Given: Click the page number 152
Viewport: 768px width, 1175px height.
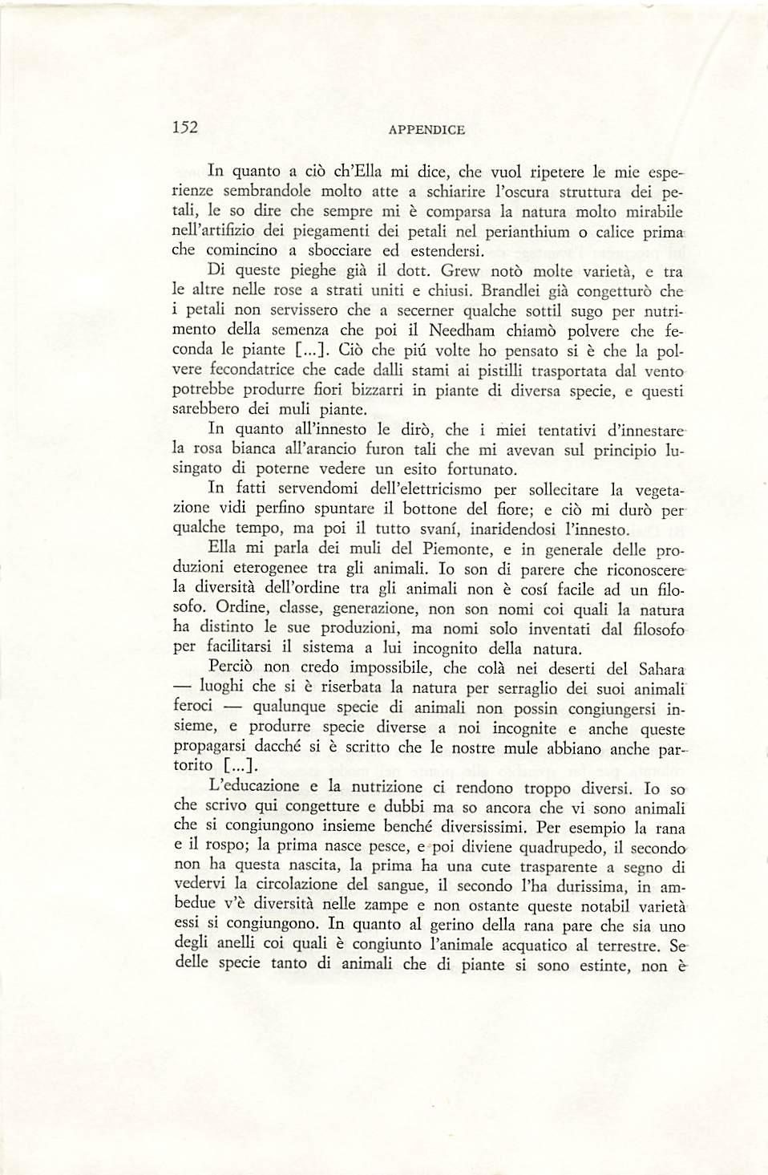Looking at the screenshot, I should pos(186,128).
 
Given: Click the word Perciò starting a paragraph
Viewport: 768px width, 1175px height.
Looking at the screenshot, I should pos(232,667).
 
